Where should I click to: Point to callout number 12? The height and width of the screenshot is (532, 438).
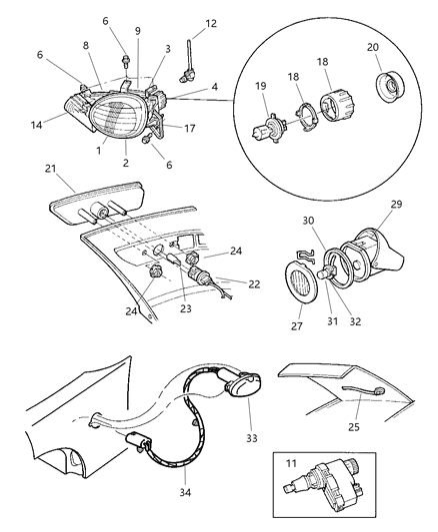(x=210, y=23)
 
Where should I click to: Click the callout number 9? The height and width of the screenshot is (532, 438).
(x=138, y=31)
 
